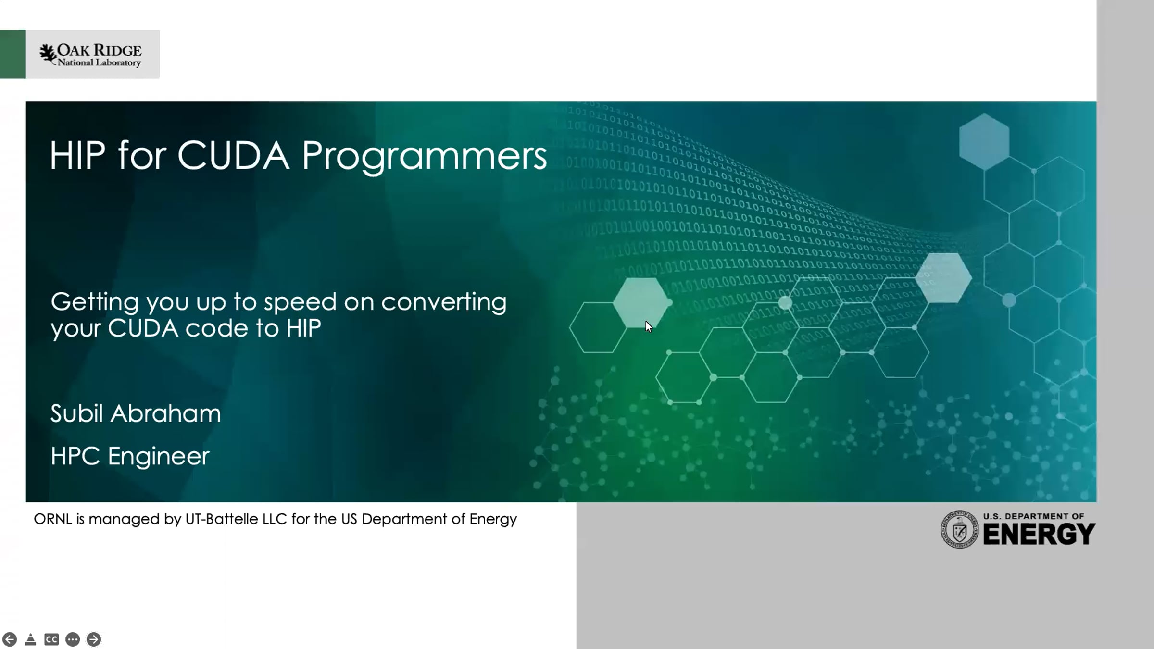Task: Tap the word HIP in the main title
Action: (x=77, y=155)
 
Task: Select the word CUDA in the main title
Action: (x=233, y=155)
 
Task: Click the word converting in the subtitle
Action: (x=444, y=302)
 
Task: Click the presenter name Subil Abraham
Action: (x=136, y=413)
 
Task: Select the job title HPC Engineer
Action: (x=130, y=456)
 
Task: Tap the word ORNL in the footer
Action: (x=52, y=519)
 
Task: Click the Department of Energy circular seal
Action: (x=959, y=529)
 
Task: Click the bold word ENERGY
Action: (x=1039, y=534)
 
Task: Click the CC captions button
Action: (x=51, y=639)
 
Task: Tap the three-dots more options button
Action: (x=73, y=639)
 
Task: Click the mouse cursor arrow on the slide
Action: (x=649, y=327)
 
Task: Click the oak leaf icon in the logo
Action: (x=48, y=53)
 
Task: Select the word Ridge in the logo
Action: (x=117, y=50)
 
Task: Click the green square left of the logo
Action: (x=13, y=54)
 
